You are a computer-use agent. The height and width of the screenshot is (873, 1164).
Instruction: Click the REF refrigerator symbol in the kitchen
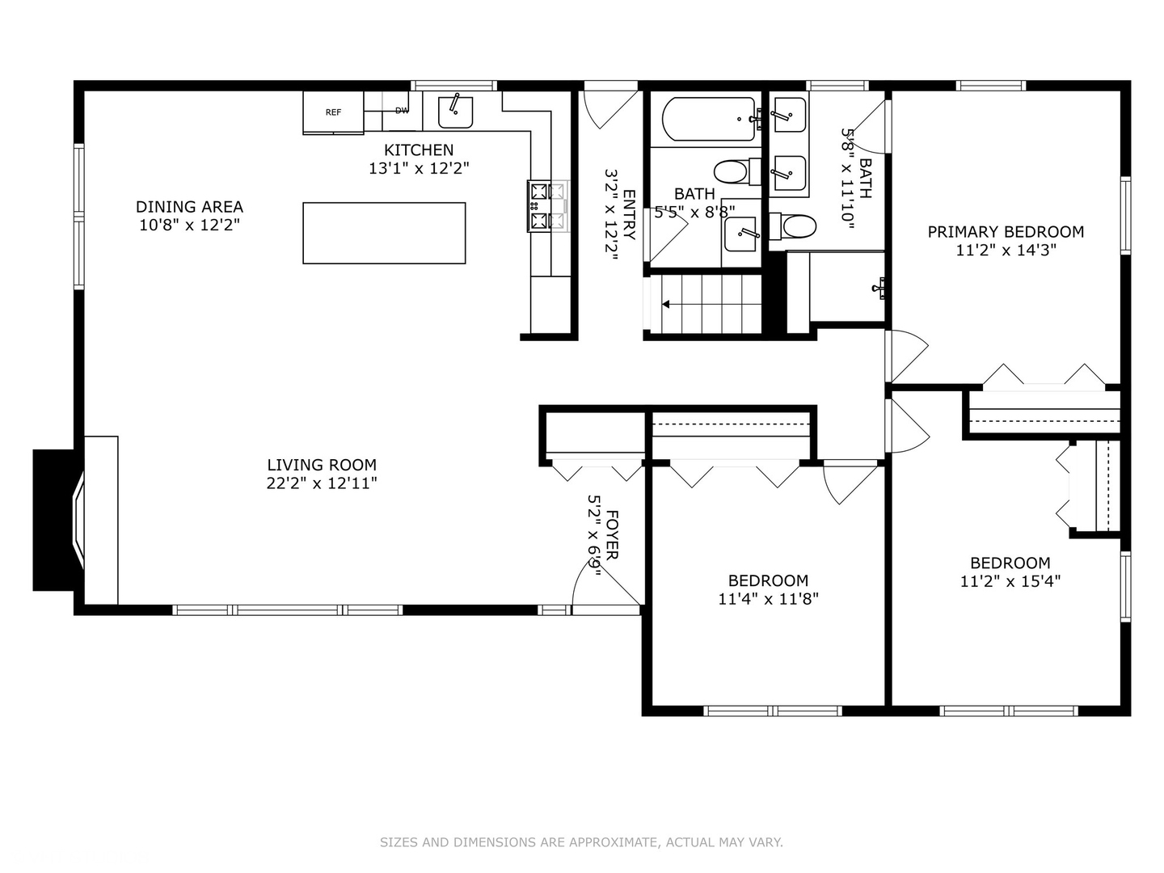click(x=333, y=112)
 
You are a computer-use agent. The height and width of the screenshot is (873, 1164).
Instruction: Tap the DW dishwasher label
click(x=402, y=111)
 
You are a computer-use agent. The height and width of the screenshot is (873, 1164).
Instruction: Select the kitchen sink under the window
click(x=455, y=112)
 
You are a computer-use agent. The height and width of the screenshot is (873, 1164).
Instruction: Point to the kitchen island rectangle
click(x=384, y=233)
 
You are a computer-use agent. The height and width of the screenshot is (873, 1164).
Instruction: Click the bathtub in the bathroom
click(x=709, y=120)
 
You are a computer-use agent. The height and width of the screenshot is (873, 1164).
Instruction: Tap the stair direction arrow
click(x=668, y=305)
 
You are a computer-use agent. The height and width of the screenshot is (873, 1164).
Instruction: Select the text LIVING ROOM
click(x=322, y=465)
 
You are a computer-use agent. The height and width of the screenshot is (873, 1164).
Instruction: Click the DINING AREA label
click(x=189, y=207)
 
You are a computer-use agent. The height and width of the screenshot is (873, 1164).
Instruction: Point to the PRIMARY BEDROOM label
click(x=1006, y=232)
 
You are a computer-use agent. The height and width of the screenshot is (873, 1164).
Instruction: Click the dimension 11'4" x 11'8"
click(x=768, y=599)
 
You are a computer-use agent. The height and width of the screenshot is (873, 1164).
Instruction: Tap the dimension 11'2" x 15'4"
click(x=1010, y=581)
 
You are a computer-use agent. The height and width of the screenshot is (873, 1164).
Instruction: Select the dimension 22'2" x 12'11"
click(x=322, y=483)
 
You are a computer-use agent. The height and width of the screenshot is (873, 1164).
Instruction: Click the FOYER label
click(x=612, y=534)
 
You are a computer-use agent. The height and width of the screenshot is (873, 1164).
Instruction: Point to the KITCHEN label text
click(x=419, y=150)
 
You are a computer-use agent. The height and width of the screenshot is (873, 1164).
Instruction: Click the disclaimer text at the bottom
click(x=581, y=842)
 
